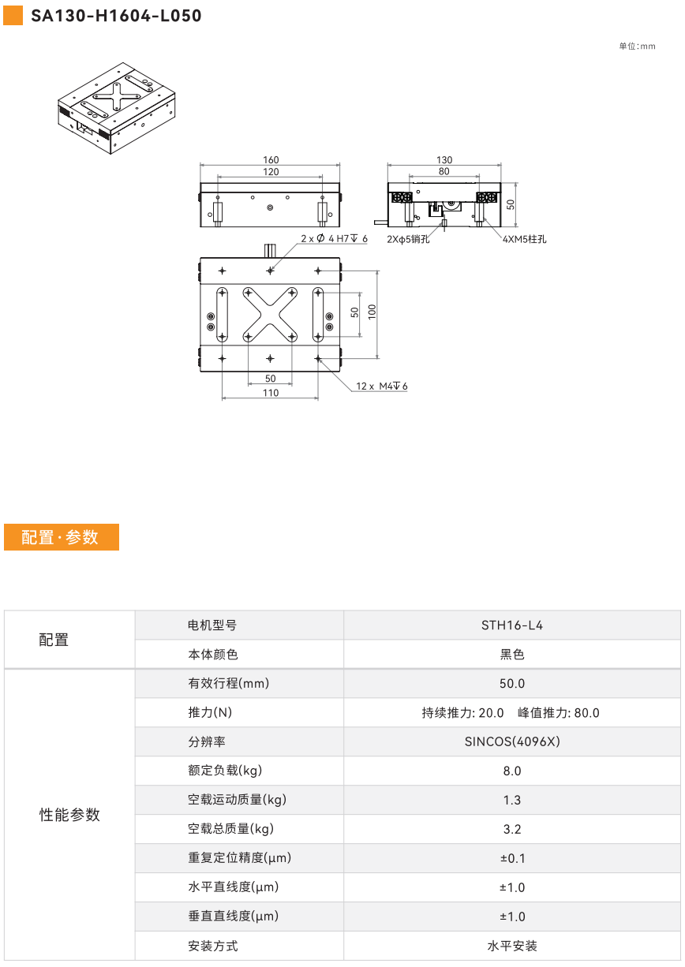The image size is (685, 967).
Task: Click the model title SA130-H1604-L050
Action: [116, 16]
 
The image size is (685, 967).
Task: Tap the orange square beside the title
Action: [13, 16]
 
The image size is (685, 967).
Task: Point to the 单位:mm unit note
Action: [637, 47]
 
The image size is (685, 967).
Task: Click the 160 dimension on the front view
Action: [271, 160]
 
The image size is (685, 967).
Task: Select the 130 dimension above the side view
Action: [444, 160]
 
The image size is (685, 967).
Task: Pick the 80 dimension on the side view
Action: [444, 171]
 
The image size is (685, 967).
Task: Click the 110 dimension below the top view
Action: [271, 393]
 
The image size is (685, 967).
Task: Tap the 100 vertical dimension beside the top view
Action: [372, 312]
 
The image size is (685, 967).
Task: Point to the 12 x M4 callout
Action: [381, 386]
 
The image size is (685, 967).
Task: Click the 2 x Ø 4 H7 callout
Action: [334, 238]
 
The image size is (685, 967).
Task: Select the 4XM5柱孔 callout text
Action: [524, 239]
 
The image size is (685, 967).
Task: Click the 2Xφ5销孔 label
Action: [408, 239]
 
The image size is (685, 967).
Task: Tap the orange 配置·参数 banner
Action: [62, 537]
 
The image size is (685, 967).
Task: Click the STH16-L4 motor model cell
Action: [512, 625]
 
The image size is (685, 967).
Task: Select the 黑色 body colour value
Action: [512, 655]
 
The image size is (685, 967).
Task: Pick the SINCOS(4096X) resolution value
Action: [512, 741]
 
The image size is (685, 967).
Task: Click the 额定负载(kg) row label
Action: [225, 771]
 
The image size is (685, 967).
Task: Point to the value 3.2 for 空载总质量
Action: [512, 829]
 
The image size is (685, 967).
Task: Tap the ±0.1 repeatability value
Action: [513, 858]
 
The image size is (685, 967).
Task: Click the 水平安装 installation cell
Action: [512, 946]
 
